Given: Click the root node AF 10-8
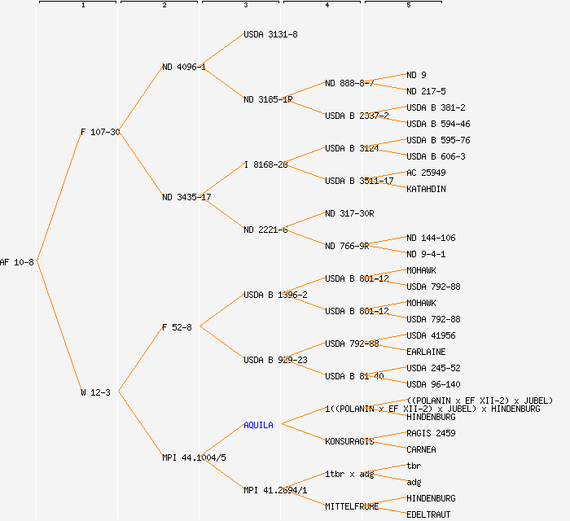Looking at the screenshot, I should pos(17,262).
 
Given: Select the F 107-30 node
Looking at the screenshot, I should pos(99,132).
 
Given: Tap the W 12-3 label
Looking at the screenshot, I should pos(95,392).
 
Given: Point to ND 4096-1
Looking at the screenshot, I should pos(183,67).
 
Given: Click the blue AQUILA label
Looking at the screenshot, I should pos(258,425).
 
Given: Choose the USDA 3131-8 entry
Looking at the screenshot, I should pos(270,34).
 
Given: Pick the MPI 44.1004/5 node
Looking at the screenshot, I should pos(194,458).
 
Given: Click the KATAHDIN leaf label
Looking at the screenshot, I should pos(426,189).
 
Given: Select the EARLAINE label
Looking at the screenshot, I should pos(426,352).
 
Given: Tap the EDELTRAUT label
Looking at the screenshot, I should pos(428,514).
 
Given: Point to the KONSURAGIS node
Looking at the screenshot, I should pos(349,441).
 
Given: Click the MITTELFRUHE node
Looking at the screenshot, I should pos(352,506).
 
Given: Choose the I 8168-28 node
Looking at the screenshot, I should pos(265,164).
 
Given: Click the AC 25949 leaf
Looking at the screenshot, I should pos(426,173).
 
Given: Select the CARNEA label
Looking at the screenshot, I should pos(421,449).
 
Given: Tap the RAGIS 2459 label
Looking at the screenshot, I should pos(431,433).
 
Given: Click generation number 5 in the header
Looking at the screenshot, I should pos(409,6).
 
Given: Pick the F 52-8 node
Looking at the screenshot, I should pos(177,327).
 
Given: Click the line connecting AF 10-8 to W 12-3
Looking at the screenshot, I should pos(59,327).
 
